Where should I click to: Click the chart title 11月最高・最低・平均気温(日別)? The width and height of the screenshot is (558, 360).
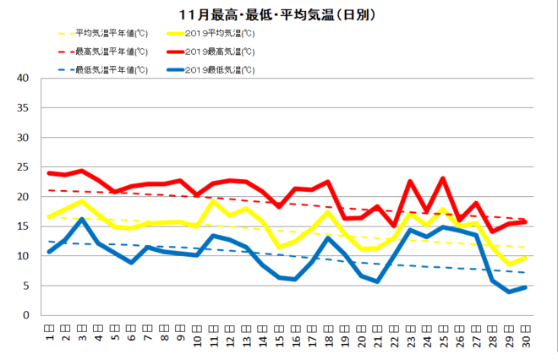[x=279, y=14]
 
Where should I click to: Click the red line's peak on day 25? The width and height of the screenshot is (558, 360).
[x=443, y=178]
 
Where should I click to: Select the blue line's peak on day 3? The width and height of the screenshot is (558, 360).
[x=82, y=219]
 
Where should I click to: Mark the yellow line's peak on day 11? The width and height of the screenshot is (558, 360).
[x=213, y=201]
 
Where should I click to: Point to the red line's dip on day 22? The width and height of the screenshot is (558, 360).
[x=394, y=226]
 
